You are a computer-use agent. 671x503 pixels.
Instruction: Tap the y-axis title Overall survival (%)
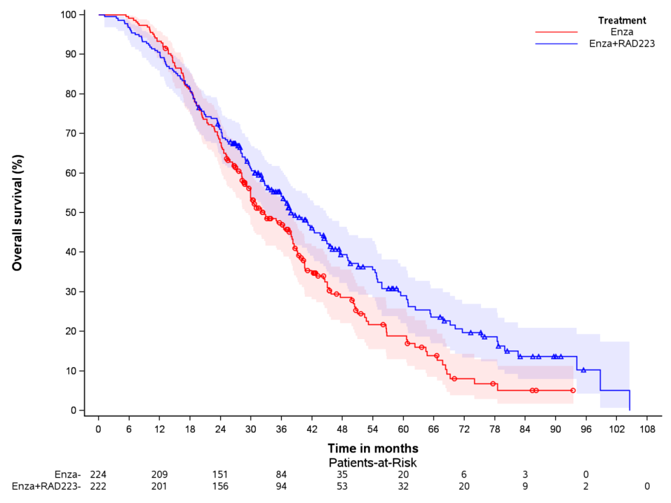tap(17, 212)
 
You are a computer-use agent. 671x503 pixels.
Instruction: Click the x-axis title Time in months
tap(373, 448)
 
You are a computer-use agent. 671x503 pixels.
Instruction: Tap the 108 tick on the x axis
tap(647, 429)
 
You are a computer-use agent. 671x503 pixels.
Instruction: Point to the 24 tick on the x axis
tap(221, 429)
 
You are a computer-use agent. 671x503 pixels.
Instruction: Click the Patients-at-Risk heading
tap(373, 463)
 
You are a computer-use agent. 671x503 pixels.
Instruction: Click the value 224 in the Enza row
tap(98, 475)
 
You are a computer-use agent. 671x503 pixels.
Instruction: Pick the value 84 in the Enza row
tap(281, 475)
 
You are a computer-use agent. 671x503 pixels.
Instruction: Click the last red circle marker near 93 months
tap(573, 390)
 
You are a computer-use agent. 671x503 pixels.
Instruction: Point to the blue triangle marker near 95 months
tap(583, 370)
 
